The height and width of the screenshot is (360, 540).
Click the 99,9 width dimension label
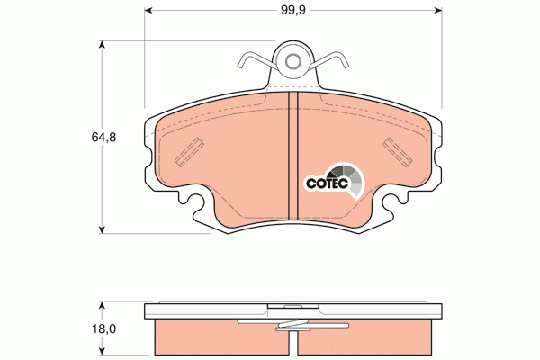click(x=293, y=10)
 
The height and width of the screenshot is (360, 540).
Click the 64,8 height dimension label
click(x=103, y=138)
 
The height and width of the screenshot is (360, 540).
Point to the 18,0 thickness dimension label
click(x=103, y=329)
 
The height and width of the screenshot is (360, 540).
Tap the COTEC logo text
click(x=328, y=184)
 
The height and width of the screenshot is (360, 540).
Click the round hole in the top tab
click(x=293, y=62)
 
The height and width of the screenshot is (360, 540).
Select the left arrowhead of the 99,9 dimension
click(x=148, y=10)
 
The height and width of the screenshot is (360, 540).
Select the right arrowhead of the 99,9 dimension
click(x=438, y=10)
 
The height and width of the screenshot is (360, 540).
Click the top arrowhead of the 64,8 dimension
click(x=101, y=45)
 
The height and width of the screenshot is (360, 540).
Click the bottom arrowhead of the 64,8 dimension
click(x=101, y=229)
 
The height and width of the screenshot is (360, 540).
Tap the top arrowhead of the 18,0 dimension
click(x=101, y=306)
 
